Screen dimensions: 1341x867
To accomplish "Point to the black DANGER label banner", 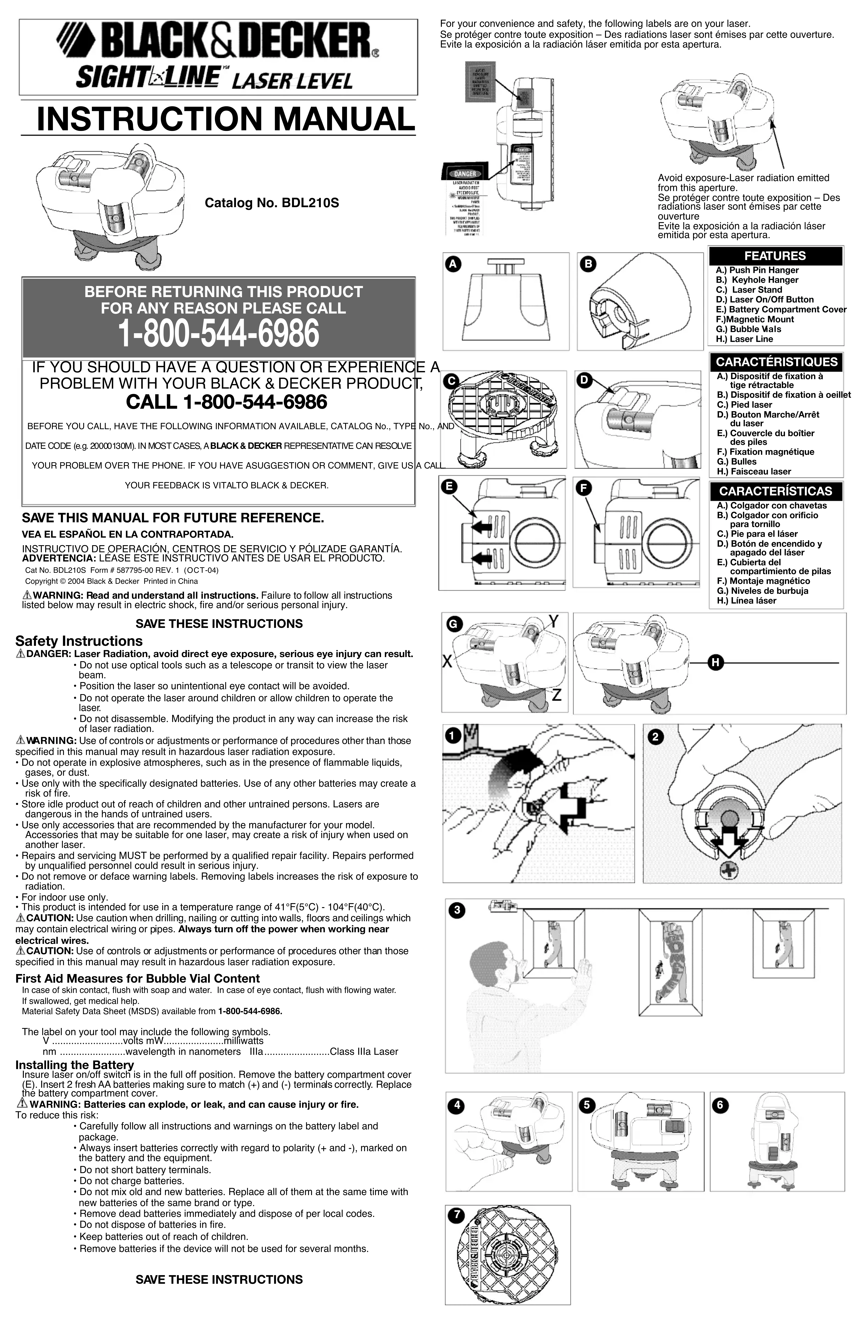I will point(465,174).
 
